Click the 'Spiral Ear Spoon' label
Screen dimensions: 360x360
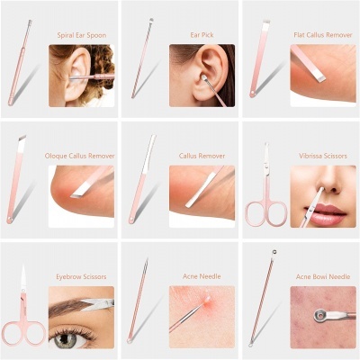click(81, 34)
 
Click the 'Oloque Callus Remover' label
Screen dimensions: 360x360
click(81, 155)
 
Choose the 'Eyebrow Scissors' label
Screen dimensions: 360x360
click(81, 276)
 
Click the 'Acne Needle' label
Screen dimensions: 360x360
click(202, 276)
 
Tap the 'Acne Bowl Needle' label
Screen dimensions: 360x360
click(324, 276)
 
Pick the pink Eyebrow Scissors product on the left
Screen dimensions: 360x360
click(22, 319)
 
